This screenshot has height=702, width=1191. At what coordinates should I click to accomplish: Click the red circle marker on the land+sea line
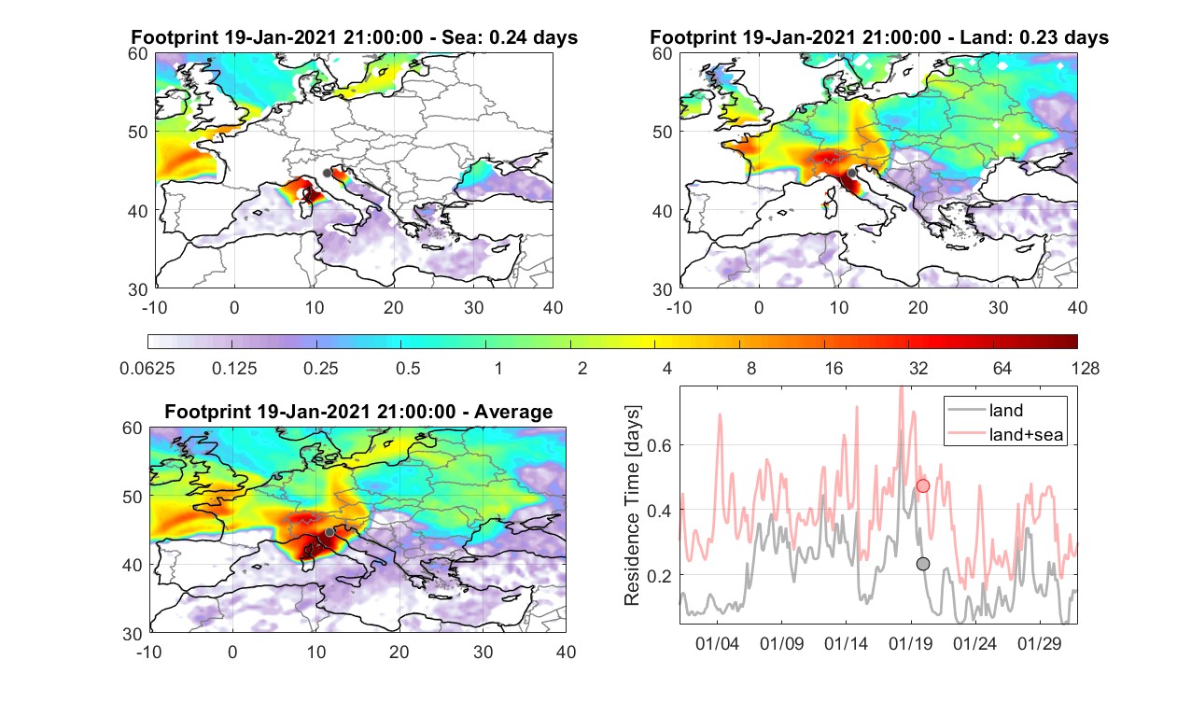click(923, 485)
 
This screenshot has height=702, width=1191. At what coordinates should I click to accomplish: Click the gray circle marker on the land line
click(923, 564)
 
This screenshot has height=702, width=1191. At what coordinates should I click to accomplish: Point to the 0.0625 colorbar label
click(147, 368)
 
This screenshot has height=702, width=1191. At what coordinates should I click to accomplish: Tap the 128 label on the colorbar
click(1086, 368)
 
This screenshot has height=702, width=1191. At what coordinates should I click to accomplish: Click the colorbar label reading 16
click(834, 368)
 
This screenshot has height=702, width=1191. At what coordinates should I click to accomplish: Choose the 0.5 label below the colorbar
click(408, 368)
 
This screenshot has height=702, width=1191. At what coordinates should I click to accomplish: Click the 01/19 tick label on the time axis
click(911, 643)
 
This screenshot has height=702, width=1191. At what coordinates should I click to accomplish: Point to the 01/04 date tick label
click(717, 643)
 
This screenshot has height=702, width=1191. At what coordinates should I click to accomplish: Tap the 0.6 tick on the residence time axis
click(660, 445)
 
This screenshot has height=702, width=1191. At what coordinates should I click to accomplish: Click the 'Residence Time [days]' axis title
click(632, 506)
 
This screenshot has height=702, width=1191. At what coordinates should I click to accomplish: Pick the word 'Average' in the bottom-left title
click(513, 412)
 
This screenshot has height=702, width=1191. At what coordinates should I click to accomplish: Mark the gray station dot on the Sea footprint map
click(327, 173)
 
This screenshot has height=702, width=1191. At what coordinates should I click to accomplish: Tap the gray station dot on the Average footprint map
click(329, 532)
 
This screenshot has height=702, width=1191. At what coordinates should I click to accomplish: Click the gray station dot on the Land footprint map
click(851, 173)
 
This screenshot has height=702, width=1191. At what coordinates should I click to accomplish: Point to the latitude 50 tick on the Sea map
click(138, 133)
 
